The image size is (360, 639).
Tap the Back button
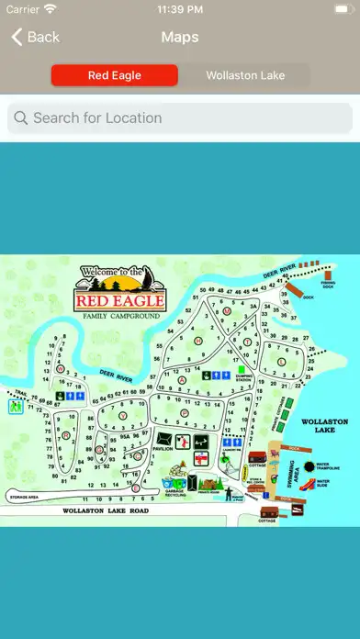click(35, 37)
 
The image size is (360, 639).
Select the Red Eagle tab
click(114, 75)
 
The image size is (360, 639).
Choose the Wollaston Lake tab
click(245, 75)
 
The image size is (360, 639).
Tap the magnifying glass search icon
click(21, 118)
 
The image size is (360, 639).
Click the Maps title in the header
click(180, 37)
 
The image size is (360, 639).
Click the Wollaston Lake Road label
click(105, 510)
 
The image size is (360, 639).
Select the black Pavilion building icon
click(164, 440)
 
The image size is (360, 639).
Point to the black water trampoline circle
click(309, 465)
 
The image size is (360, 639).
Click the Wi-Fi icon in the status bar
click(50, 9)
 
